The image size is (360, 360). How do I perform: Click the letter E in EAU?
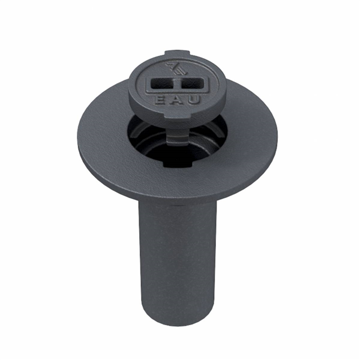[160, 100]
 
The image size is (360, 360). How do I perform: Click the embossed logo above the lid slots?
[176, 69]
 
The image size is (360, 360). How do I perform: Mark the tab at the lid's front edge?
[177, 118]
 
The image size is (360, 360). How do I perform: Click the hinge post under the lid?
[177, 136]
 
